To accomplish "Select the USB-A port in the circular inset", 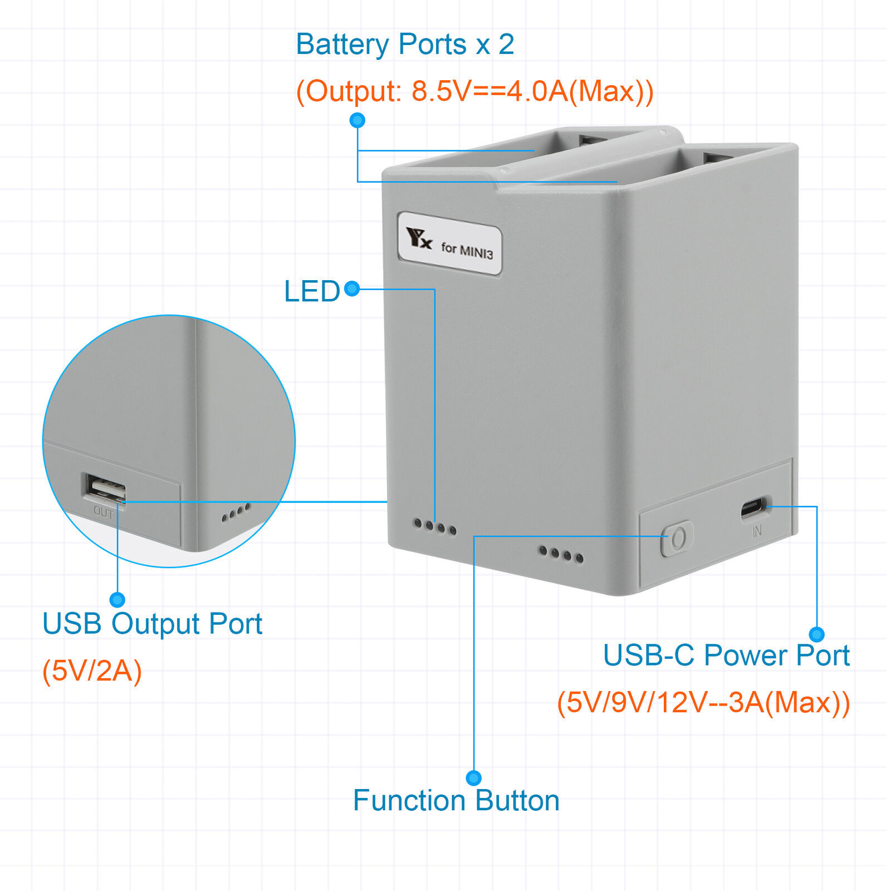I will coord(106,489).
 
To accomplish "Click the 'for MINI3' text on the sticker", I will coord(467,249).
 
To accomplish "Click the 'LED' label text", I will coord(312,291).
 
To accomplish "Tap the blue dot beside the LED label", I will coord(352,288).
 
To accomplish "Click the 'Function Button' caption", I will coord(456,801).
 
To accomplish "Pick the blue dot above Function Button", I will coord(473,777).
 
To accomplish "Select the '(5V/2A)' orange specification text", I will coord(92,670).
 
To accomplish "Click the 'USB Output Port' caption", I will coord(152,624).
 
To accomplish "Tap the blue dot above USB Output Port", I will coord(117,599).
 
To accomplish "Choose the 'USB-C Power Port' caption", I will coord(726,655).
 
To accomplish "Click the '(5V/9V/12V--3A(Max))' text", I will coord(703,702).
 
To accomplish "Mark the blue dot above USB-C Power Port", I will coord(816,634).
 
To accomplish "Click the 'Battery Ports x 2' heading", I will coord(405,45).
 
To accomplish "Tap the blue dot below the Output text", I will coord(357,120).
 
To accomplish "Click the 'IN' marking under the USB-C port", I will coord(757,532).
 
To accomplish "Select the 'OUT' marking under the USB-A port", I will coord(104,512).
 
